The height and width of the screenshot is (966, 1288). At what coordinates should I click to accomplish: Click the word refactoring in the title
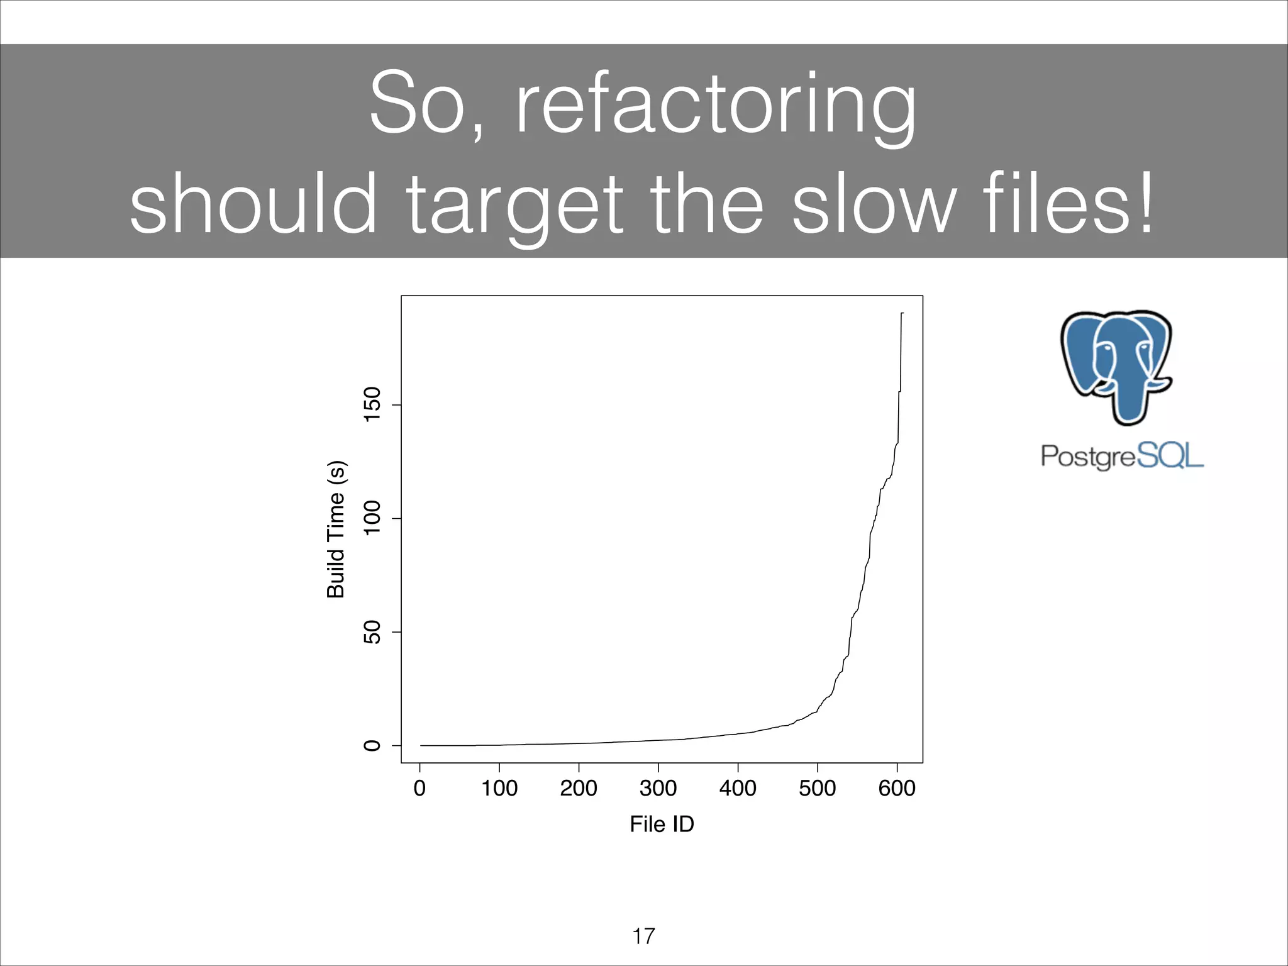(x=716, y=104)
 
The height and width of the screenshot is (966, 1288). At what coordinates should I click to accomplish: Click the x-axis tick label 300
(x=658, y=788)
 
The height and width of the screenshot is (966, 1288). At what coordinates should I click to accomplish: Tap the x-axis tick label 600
(x=897, y=788)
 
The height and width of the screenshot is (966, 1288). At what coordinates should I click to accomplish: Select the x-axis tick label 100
(x=499, y=788)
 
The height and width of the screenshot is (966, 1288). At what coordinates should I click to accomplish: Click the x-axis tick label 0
(x=419, y=788)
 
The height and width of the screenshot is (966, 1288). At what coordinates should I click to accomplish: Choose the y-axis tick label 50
(x=373, y=632)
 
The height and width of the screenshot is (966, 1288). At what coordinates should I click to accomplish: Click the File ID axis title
(x=662, y=824)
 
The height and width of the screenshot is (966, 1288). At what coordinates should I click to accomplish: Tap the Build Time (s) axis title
(x=336, y=529)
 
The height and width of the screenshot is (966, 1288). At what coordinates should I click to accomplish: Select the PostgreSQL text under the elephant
(x=1122, y=455)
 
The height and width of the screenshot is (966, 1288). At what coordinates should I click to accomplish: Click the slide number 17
(x=643, y=936)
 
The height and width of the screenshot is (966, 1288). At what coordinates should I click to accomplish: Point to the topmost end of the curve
(x=902, y=313)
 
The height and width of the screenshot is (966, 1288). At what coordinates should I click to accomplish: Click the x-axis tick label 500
(x=817, y=788)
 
